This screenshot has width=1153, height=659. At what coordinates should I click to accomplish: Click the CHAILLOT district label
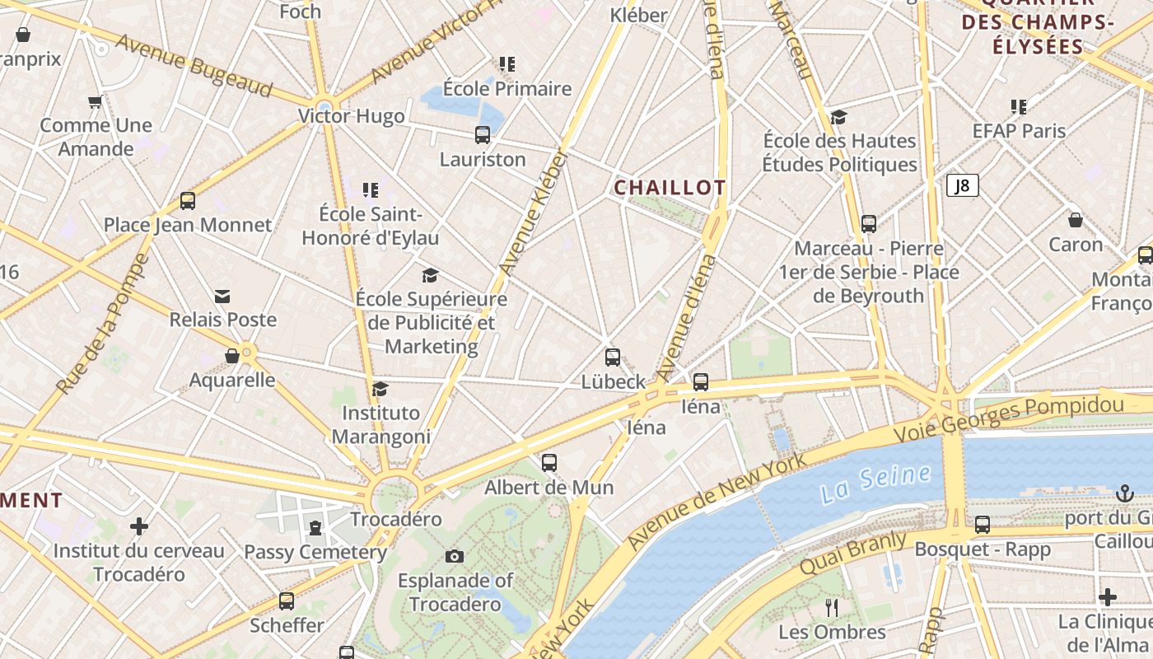[x=670, y=188]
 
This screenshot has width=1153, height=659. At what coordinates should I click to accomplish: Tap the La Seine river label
[x=876, y=484]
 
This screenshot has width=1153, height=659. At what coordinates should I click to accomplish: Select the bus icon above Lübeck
[x=613, y=358]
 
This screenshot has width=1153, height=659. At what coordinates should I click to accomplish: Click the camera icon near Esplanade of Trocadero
[x=454, y=556]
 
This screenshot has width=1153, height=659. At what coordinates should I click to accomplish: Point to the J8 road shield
[x=962, y=186]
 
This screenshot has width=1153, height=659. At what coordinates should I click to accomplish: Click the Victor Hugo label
[x=352, y=116]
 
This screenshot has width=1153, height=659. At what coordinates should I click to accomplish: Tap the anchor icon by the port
[x=1124, y=493]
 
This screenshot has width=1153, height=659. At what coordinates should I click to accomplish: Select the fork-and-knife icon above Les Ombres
[x=832, y=608]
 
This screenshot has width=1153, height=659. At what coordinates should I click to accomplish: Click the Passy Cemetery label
[x=315, y=551]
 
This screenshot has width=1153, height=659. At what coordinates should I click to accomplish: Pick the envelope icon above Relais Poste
[x=222, y=297]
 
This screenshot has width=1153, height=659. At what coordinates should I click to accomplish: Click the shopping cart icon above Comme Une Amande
[x=96, y=102]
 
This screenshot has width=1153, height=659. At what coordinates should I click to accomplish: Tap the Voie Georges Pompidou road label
[x=1009, y=418]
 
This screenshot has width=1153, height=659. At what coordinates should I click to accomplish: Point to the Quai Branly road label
[x=853, y=554]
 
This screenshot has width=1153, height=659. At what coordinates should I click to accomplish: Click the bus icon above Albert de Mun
[x=549, y=463]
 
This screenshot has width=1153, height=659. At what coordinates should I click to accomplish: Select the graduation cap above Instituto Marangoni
[x=380, y=389]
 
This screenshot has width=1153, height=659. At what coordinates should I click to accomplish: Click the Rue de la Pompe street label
[x=104, y=324]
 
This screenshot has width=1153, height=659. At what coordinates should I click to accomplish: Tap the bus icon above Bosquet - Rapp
[x=983, y=525]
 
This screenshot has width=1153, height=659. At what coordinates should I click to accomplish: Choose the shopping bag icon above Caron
[x=1076, y=220]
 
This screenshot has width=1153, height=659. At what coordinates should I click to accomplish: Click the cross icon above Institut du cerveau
[x=139, y=526]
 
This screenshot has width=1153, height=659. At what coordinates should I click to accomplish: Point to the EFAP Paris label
[x=1019, y=131]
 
